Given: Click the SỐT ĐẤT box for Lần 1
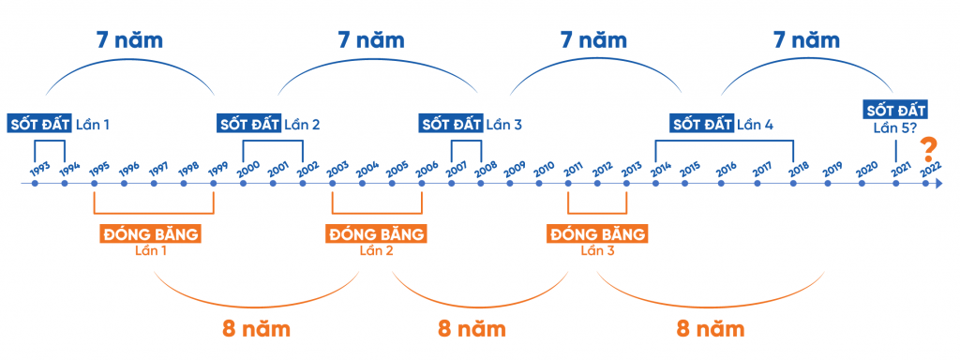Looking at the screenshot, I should coord(39,124).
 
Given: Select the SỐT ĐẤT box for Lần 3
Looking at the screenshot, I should coord(451,124).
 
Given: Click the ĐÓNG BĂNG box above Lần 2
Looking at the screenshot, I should coord(376,233).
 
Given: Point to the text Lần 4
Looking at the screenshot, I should coord(755,124).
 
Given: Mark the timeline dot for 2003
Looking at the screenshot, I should coord(332,183).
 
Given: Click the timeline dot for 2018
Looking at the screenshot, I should coord(794,183).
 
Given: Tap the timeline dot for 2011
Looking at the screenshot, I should coord(568,183).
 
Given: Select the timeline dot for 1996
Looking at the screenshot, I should coord(124,183).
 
